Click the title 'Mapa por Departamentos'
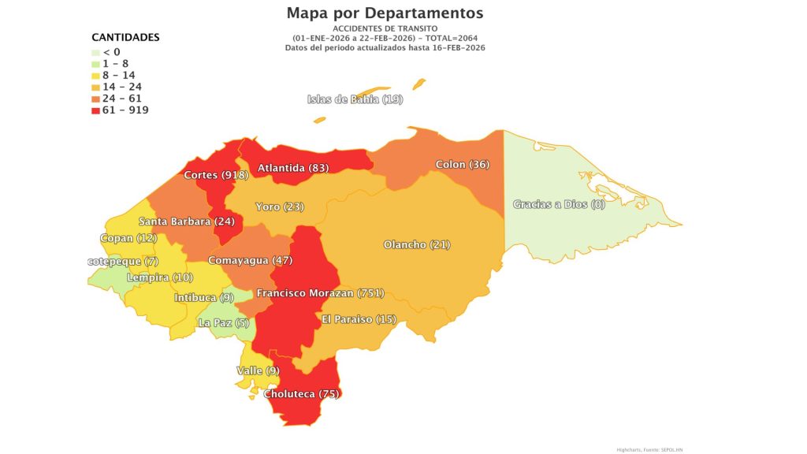coord(385,13)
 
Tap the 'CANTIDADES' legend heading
coord(125,37)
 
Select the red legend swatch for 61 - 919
coord(96,110)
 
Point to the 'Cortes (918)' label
coord(216,174)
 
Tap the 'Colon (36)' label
coord(462,165)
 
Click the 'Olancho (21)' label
coord(416,244)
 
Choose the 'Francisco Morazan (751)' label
coord(320,293)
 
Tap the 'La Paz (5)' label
coord(224,322)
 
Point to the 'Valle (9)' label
coord(258,370)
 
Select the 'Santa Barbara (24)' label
coord(186,221)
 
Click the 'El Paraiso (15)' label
coord(358,318)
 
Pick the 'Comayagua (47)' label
coord(250,260)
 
